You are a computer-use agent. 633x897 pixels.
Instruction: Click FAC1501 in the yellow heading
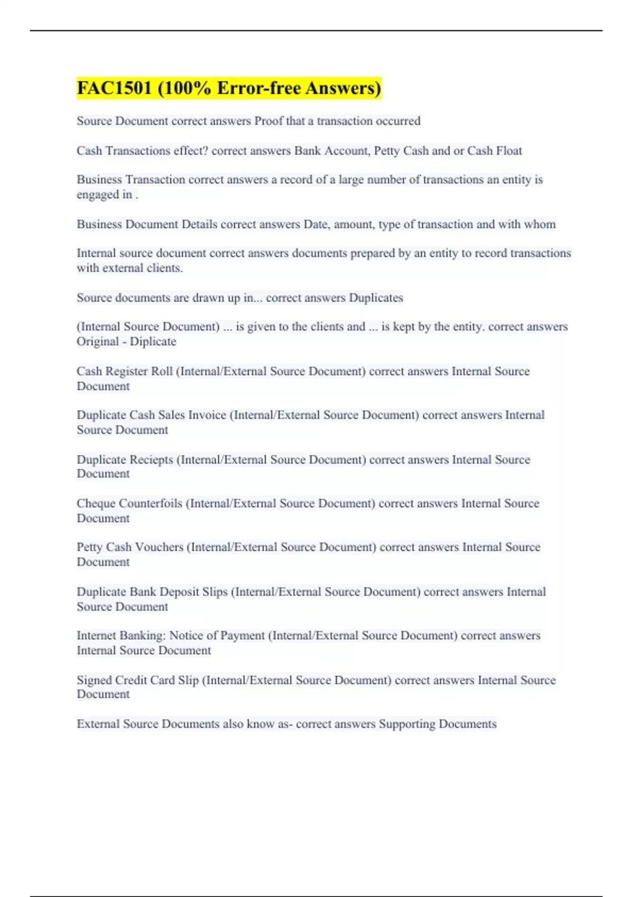(114, 88)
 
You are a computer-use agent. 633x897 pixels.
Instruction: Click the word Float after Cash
(509, 151)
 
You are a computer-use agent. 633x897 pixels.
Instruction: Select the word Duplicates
(376, 298)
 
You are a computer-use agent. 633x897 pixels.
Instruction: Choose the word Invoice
(207, 415)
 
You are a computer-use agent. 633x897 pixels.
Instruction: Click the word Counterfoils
(150, 503)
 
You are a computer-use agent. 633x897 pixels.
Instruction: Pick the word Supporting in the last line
(407, 724)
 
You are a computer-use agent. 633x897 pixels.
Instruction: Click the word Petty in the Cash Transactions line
(387, 151)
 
